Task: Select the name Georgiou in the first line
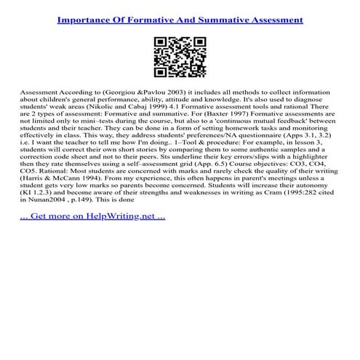(x=122, y=96)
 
